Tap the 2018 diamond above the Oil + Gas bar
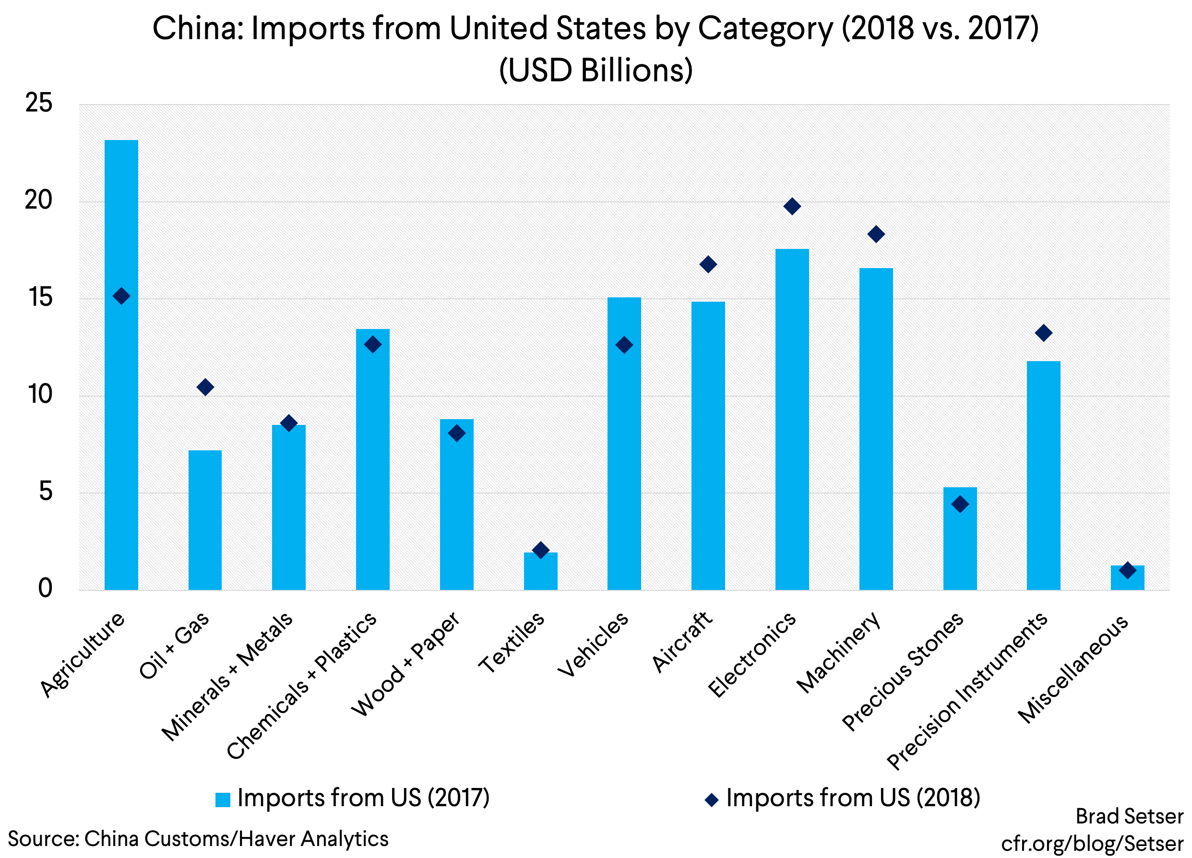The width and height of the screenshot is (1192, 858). tap(205, 387)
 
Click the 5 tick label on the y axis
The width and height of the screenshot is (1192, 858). tap(46, 492)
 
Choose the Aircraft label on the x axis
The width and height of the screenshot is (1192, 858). tap(682, 642)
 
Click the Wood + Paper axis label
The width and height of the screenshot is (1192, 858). tap(406, 665)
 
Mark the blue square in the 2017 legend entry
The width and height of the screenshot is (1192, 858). tap(223, 799)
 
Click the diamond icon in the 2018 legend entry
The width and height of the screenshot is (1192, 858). tap(712, 799)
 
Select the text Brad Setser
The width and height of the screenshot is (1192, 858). tap(1129, 816)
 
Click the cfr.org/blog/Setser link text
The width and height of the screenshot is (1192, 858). tap(1092, 843)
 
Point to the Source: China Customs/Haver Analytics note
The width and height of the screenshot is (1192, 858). tap(198, 838)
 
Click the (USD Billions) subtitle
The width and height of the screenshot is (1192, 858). tap(596, 70)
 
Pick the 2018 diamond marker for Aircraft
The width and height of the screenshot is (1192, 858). tap(708, 264)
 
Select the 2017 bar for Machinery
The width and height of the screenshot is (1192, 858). tap(876, 431)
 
